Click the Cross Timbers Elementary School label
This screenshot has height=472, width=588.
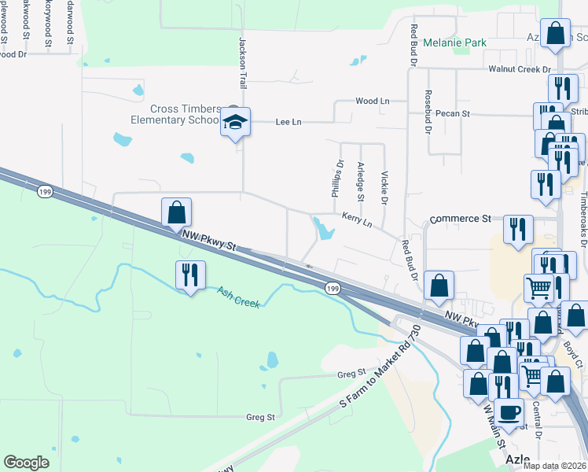pos(175,114)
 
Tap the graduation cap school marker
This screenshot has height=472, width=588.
pos(235,122)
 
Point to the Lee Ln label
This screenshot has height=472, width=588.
pos(288,122)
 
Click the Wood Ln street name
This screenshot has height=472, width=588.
pos(372,101)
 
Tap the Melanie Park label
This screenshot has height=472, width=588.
pos(454,42)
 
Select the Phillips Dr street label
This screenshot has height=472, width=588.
pos(338,179)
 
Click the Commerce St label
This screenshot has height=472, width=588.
pos(460,219)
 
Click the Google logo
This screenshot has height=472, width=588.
pos(26,463)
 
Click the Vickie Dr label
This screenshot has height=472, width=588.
pos(384,189)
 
